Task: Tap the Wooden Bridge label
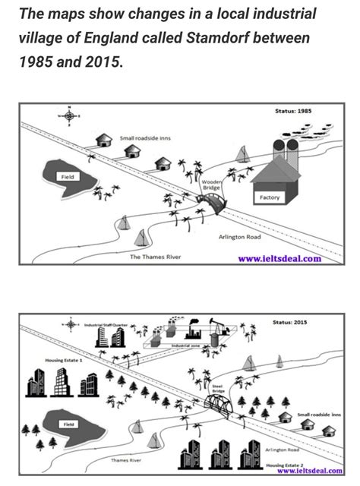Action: (x=210, y=185)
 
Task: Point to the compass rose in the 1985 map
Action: (x=69, y=115)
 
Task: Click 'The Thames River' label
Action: (x=155, y=257)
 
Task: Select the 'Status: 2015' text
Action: (x=292, y=322)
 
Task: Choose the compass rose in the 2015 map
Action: (x=71, y=325)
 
